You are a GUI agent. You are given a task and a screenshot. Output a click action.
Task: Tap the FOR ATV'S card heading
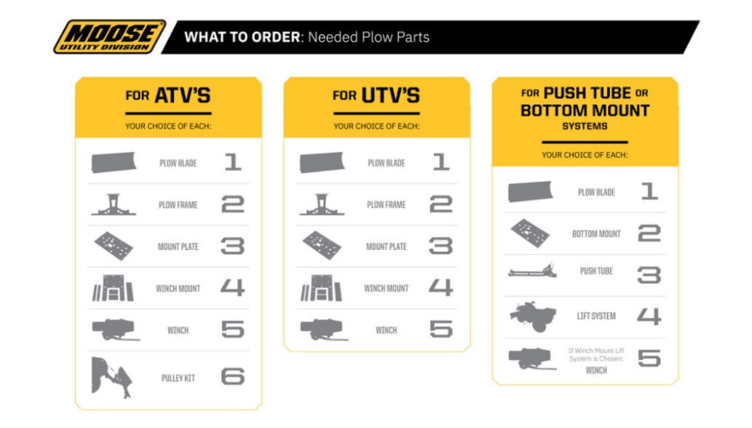pos(168,95)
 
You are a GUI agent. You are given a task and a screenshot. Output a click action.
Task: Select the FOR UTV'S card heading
pos(376,95)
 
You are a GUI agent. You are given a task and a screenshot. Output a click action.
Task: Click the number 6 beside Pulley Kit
pos(232,376)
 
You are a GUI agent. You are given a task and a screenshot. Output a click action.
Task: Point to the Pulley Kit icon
pos(113,376)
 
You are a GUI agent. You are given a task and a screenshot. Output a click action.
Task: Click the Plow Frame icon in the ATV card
pos(114,205)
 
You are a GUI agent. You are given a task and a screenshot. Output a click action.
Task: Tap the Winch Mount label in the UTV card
pos(386,288)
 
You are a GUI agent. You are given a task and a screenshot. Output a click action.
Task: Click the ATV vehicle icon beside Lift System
pos(534,317)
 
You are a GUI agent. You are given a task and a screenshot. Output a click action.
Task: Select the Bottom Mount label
pos(596,234)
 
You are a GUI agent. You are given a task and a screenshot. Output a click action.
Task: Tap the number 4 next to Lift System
pos(649,317)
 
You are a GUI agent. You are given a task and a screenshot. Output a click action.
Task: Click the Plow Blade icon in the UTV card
pos(322,162)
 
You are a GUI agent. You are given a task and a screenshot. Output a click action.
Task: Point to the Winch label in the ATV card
pos(178,330)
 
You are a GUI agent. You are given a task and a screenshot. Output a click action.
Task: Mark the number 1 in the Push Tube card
pos(649,191)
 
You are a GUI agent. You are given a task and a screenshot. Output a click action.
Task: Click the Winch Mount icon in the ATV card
pos(113,288)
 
